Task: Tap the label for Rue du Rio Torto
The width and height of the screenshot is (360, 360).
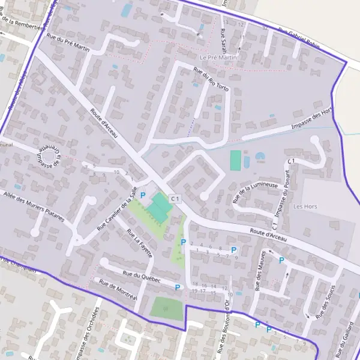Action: (211, 80)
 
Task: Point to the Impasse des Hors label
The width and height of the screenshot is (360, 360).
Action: (311, 119)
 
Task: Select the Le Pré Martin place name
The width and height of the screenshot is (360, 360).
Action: (218, 58)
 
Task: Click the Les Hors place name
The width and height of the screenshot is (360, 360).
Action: (305, 206)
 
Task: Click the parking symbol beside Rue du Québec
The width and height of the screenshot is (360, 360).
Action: (178, 288)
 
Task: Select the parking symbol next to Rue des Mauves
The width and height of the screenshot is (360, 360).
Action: (281, 260)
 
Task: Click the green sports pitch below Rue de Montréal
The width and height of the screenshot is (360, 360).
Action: (166, 308)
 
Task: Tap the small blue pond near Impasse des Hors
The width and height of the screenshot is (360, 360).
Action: (260, 157)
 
